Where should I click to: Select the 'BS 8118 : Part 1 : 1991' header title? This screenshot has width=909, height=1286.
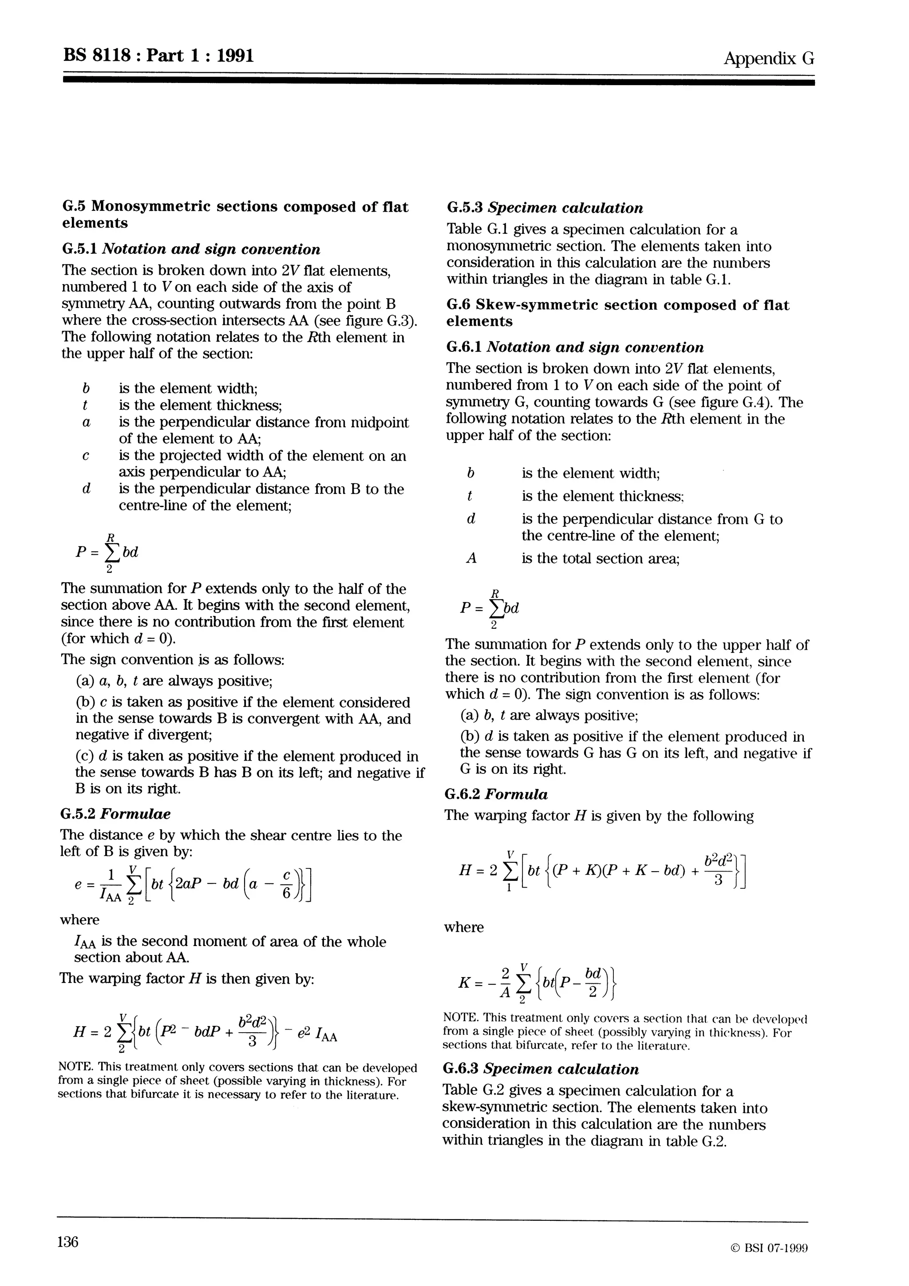point(158,55)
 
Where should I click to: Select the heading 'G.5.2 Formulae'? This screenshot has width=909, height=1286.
point(115,814)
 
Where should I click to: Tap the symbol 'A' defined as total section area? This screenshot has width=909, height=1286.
point(471,558)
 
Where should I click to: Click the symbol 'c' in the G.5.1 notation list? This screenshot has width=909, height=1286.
point(86,456)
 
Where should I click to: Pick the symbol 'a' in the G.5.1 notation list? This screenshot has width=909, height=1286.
point(86,422)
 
